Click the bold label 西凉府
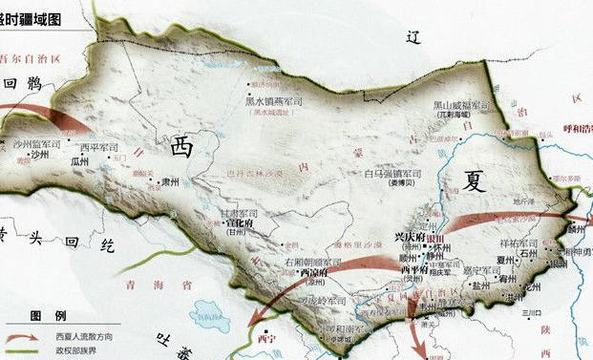(300, 271)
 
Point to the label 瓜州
(80, 163)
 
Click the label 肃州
(170, 178)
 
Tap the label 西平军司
(99, 147)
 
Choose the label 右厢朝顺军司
(313, 261)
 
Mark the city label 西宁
(268, 337)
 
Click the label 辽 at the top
(413, 39)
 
